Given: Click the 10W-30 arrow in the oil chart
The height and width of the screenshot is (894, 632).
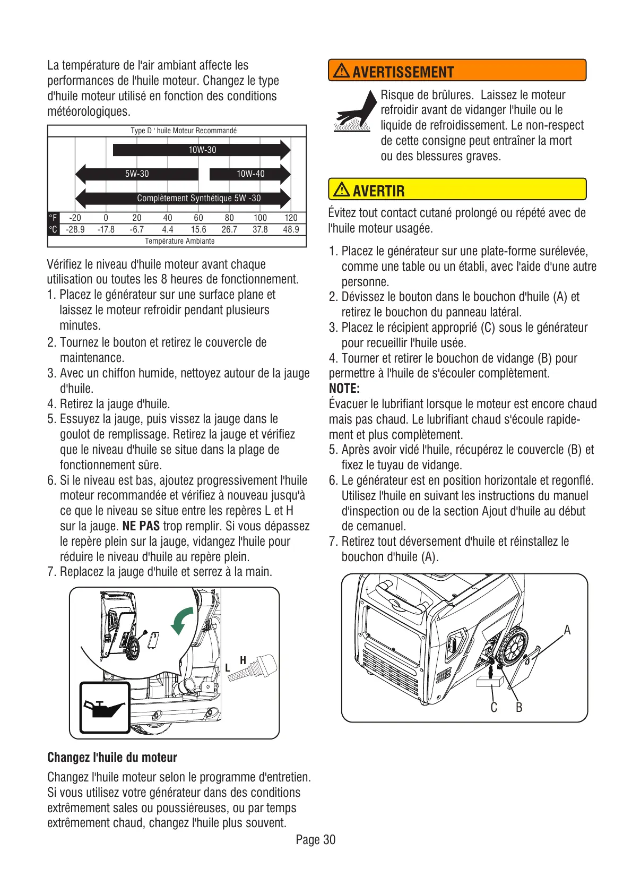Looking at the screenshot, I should [202, 150].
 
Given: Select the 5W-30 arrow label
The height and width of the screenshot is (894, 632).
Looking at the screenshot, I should [137, 174].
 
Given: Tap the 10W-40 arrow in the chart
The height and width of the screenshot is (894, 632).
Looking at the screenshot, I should [250, 174].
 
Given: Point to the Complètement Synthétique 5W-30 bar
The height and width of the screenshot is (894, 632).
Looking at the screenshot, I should [198, 198].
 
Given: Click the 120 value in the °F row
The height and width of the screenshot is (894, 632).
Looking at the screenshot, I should [291, 218].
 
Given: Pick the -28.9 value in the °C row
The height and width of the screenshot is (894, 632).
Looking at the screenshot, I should [75, 229].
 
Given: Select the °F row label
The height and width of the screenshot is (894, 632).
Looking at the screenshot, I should [53, 218].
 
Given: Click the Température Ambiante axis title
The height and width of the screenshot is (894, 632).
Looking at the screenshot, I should [179, 241].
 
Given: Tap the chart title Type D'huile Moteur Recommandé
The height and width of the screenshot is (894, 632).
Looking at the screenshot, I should [184, 131].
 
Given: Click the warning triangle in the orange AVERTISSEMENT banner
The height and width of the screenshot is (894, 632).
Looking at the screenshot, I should [341, 71].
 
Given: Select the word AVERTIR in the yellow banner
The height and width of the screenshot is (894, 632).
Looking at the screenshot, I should [378, 191].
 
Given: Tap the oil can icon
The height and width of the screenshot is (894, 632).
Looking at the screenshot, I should [105, 708].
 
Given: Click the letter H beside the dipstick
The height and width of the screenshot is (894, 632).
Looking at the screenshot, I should [243, 660].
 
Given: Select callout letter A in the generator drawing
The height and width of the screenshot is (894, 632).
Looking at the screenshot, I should [567, 630].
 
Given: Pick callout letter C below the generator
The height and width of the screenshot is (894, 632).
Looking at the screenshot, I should [494, 708].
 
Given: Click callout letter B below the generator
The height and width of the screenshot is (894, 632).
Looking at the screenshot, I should [519, 708].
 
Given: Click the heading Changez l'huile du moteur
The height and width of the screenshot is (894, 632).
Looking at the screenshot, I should [112, 758].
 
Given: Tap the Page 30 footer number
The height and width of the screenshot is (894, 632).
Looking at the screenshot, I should [316, 839].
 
